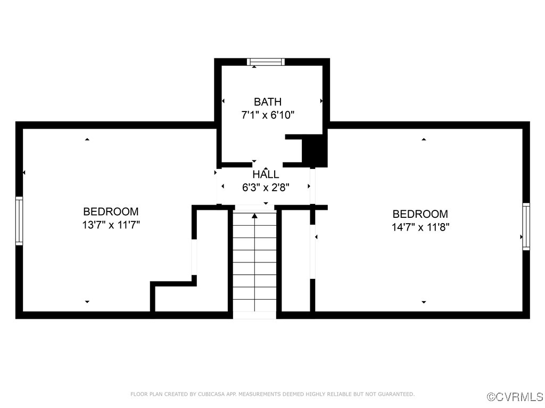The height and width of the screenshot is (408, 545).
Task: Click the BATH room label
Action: click(268, 101)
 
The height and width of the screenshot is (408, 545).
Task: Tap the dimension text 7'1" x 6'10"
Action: click(268, 114)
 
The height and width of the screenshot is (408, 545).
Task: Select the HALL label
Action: click(266, 174)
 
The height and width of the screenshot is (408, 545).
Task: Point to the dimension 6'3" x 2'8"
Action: click(266, 187)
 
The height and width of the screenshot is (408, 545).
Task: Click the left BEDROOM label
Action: click(111, 211)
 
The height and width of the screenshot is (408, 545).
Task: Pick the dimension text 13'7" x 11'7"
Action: click(111, 225)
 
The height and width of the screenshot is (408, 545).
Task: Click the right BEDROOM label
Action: click(420, 214)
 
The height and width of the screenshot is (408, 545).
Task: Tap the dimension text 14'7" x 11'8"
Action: click(420, 227)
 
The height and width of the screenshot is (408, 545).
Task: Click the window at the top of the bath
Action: click(266, 62)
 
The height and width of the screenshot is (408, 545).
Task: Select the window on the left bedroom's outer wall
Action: click(19, 220)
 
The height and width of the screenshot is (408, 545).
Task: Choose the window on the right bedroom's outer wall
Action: click(526, 226)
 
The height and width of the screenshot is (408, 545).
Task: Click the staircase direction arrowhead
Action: click(254, 216)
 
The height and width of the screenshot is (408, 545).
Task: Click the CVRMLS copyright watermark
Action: click(515, 397)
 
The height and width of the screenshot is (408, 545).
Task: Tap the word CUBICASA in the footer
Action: click(212, 394)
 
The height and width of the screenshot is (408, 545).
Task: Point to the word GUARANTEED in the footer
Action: click(397, 394)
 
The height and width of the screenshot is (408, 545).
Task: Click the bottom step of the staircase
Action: click(254, 315)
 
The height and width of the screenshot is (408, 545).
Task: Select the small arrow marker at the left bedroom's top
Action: click(87, 140)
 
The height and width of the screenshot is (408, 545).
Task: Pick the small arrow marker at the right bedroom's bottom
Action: click(424, 302)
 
